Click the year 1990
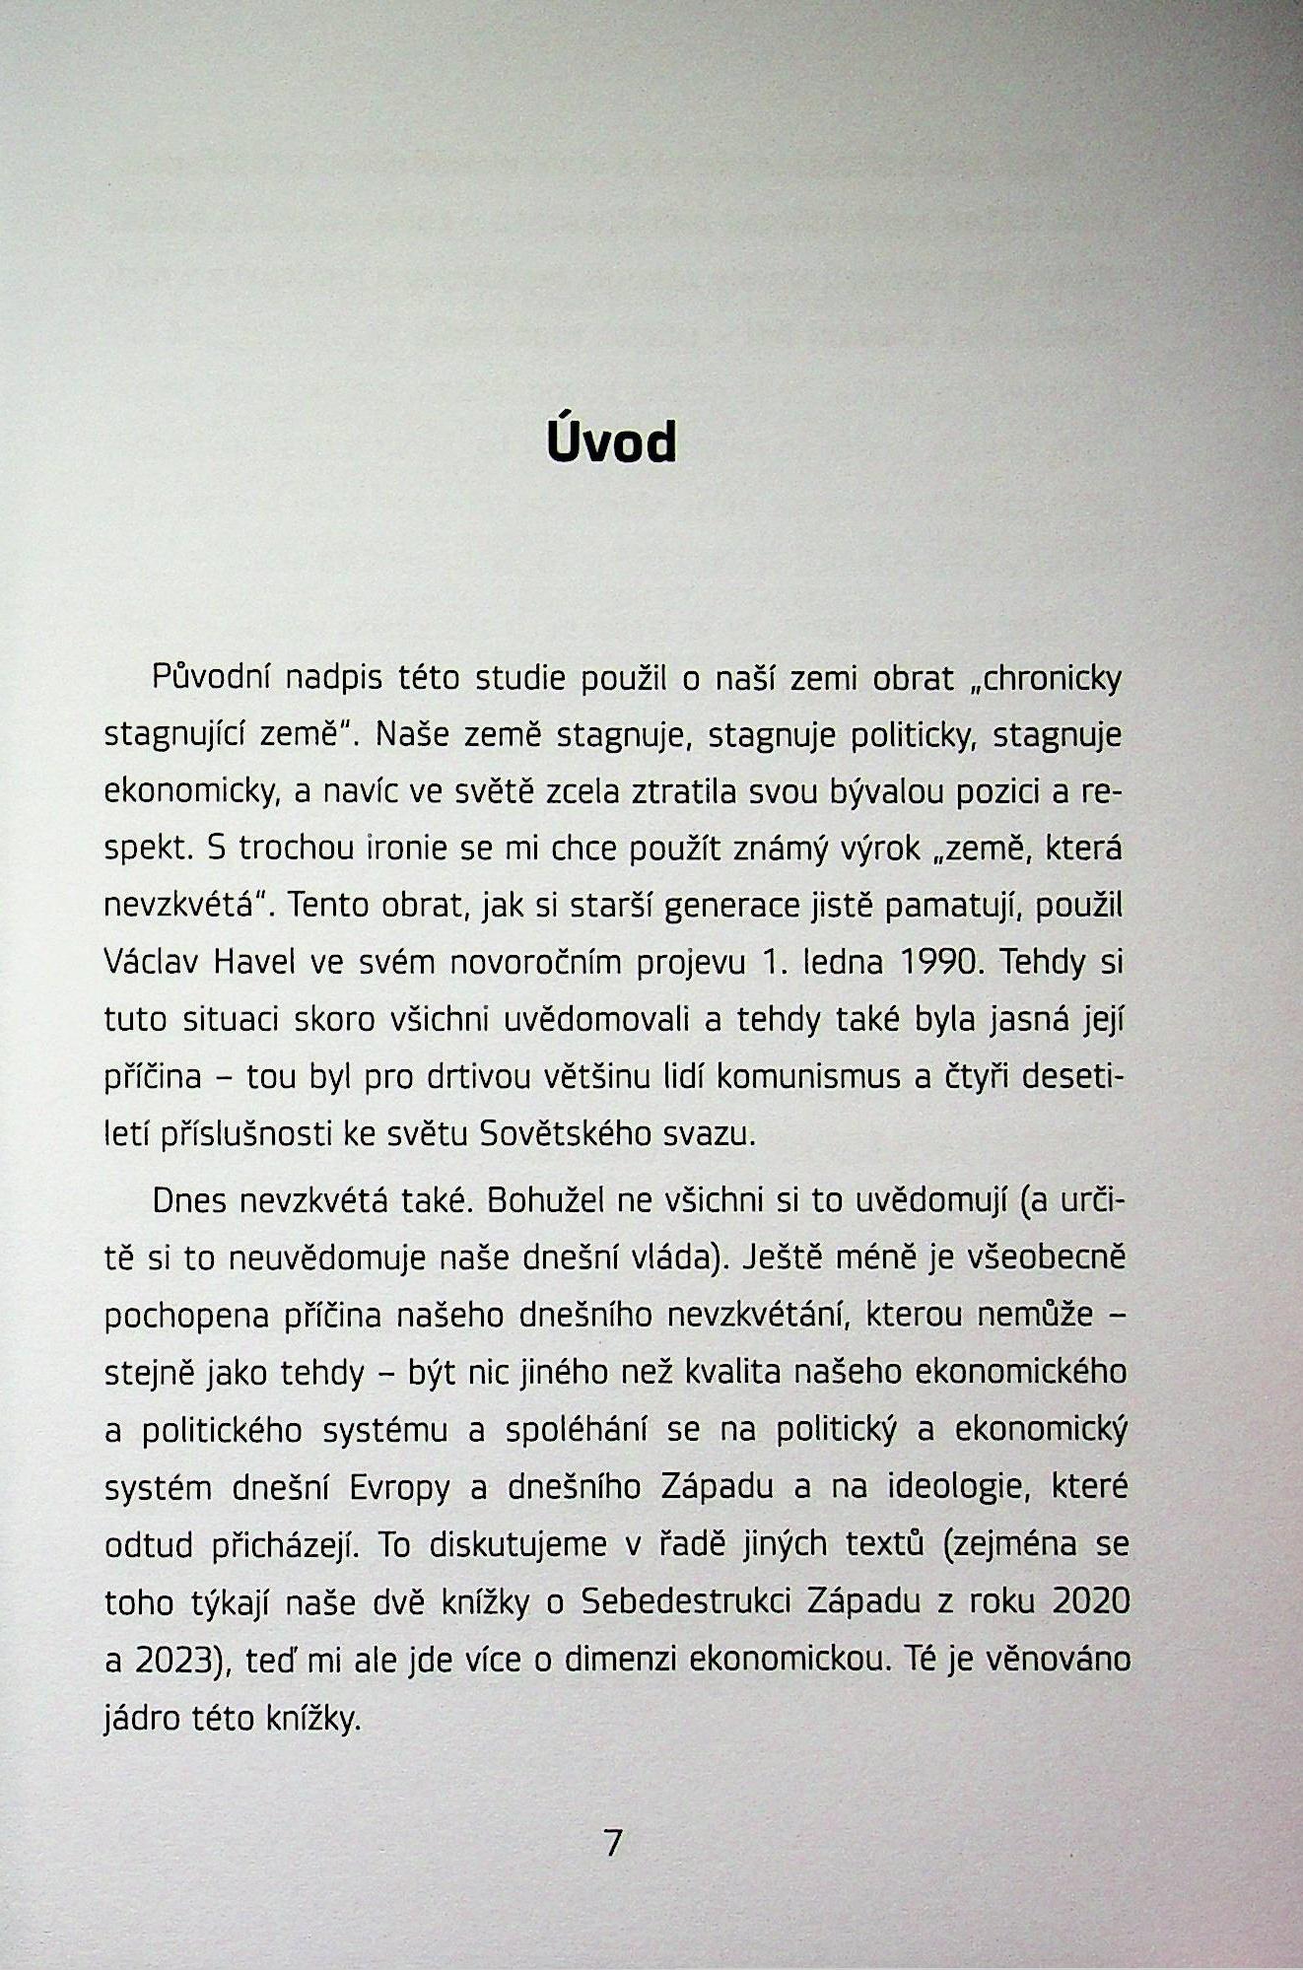pos(942,963)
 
